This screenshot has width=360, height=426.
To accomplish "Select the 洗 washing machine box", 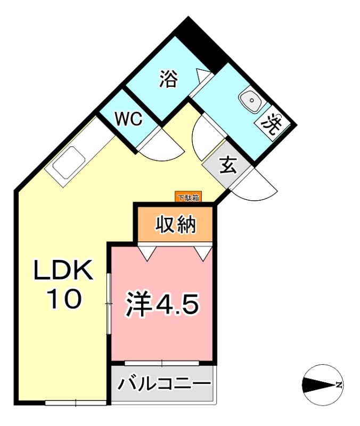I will coord(271,126).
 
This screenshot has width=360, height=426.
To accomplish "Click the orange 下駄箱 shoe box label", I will coord(188,198).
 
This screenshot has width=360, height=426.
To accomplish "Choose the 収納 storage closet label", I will coord(176,225).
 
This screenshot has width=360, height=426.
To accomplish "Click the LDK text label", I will coord(64,272).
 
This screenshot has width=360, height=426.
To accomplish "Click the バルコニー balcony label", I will coord(164,384).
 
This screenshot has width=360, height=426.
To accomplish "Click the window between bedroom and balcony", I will coord(162,363).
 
